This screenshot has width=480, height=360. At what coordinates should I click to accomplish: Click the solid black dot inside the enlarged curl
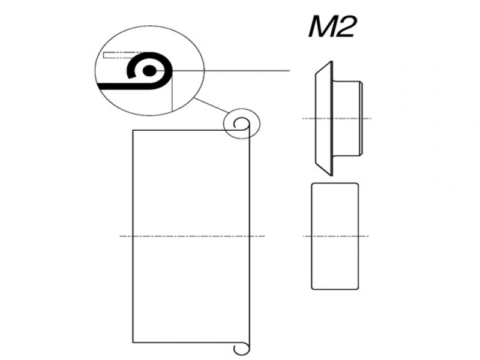point(152,71)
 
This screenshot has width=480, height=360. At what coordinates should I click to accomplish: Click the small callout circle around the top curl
point(242,124)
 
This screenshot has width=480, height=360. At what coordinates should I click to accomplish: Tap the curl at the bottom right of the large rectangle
point(241,348)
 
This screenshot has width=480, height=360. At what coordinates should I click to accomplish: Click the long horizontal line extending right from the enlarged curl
point(234,71)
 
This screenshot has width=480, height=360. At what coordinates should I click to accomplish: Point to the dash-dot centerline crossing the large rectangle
point(192,236)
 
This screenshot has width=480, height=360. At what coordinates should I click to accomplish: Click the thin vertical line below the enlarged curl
point(172,96)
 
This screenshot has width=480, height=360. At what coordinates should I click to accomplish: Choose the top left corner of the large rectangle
point(133,130)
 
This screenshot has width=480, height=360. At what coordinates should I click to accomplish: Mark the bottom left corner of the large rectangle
point(133,343)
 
